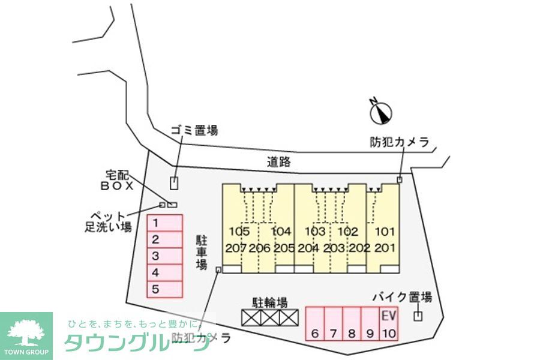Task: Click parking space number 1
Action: [165, 223]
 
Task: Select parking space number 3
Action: [165, 256]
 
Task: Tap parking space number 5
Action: [165, 289]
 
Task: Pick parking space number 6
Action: [315, 324]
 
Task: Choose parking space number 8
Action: [352, 324]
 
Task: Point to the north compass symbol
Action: [380, 111]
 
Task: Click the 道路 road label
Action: [278, 161]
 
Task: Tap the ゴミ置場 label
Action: [194, 130]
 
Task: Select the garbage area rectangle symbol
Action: [174, 184]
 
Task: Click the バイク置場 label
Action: [402, 297]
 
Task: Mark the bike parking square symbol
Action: [418, 316]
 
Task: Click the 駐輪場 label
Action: [269, 302]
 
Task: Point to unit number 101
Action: [385, 232]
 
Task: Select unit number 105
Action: [239, 232]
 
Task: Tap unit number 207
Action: [236, 248]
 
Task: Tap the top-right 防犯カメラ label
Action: [399, 142]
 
